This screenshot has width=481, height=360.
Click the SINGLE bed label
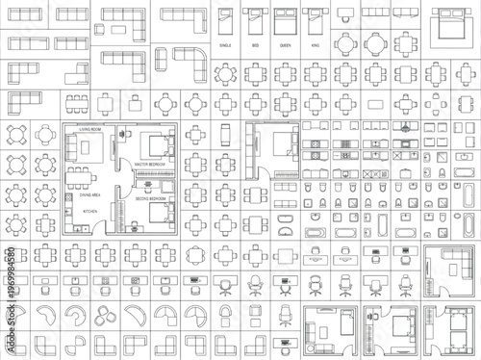pyautogui.click(x=227, y=44)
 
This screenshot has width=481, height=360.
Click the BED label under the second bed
pyautogui.click(x=255, y=44)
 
